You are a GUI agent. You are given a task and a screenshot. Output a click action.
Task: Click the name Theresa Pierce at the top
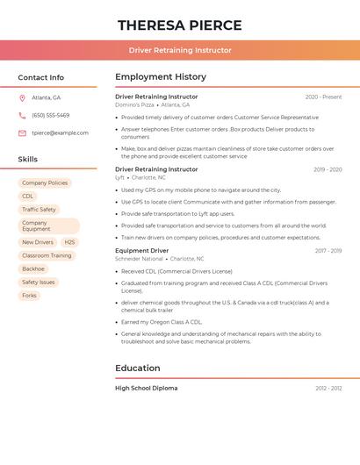[179, 25]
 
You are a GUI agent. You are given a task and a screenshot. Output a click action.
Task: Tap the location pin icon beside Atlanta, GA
[22, 97]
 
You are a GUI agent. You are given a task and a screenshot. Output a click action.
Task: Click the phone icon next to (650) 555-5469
[22, 115]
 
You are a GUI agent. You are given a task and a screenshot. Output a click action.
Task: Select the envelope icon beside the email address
[22, 132]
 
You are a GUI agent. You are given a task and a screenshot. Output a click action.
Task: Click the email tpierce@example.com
[60, 132]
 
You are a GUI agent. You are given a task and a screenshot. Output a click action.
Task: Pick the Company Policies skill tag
[45, 183]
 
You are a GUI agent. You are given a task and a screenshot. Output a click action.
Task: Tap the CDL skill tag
[28, 197]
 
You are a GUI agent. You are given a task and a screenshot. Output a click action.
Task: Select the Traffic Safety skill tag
[39, 210]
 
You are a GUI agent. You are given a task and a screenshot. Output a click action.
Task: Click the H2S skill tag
[69, 242]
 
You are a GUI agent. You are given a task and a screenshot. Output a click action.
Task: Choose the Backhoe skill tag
[33, 268]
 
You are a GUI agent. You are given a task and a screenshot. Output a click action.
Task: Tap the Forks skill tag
[29, 296]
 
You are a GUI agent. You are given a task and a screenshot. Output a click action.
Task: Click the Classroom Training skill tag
[47, 255]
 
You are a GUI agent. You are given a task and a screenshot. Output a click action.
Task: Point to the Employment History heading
[161, 76]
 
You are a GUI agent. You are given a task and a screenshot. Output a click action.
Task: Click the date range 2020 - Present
[323, 97]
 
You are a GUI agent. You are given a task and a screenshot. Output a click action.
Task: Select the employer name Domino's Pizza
[134, 104]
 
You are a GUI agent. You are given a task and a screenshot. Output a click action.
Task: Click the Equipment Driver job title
[141, 250]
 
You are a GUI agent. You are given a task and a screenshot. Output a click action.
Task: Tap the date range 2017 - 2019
[328, 250]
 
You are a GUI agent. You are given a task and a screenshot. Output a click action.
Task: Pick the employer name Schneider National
[139, 259]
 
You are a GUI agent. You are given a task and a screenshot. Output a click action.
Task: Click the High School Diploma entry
[146, 388]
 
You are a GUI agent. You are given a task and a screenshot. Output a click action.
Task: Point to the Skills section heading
[28, 159]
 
